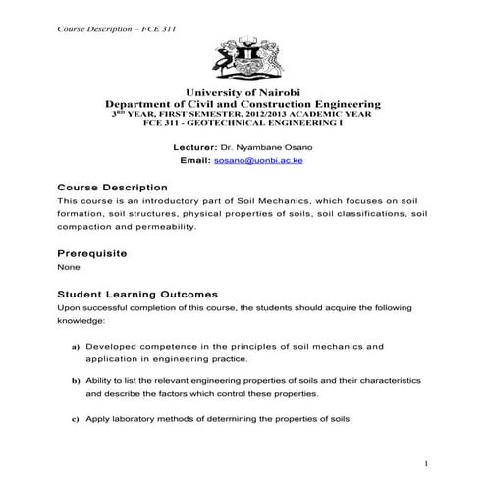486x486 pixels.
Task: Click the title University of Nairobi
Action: point(243,92)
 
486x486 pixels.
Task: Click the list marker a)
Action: point(76,348)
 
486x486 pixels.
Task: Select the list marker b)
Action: point(76,379)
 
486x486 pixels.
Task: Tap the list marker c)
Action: point(76,420)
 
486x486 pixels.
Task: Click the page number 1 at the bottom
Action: point(427,462)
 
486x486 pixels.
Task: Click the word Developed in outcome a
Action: point(114,347)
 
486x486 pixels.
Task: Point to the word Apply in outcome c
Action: point(99,420)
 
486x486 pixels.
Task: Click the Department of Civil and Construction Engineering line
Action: point(243,103)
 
